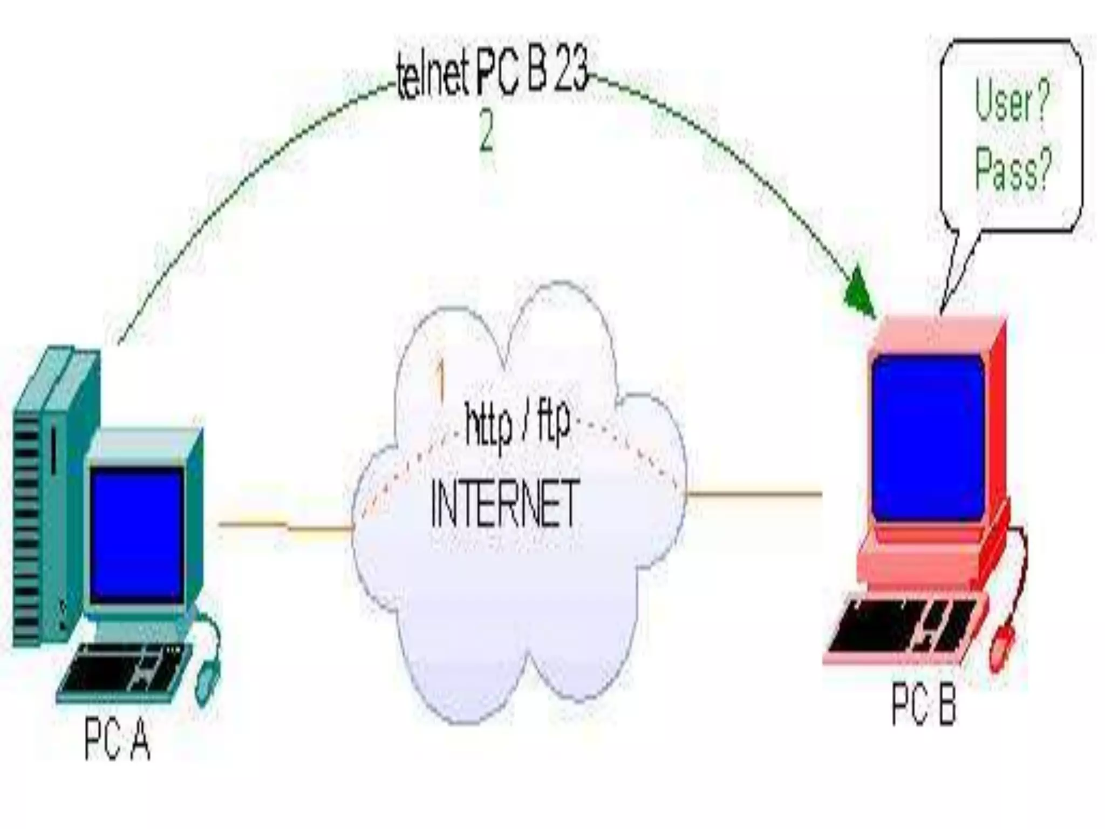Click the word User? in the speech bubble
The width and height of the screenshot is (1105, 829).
[1012, 103]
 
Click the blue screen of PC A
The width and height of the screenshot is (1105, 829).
[137, 534]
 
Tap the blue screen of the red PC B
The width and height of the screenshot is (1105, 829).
[928, 437]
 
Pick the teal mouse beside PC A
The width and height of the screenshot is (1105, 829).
[206, 683]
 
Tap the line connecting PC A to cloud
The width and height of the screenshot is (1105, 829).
[286, 525]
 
